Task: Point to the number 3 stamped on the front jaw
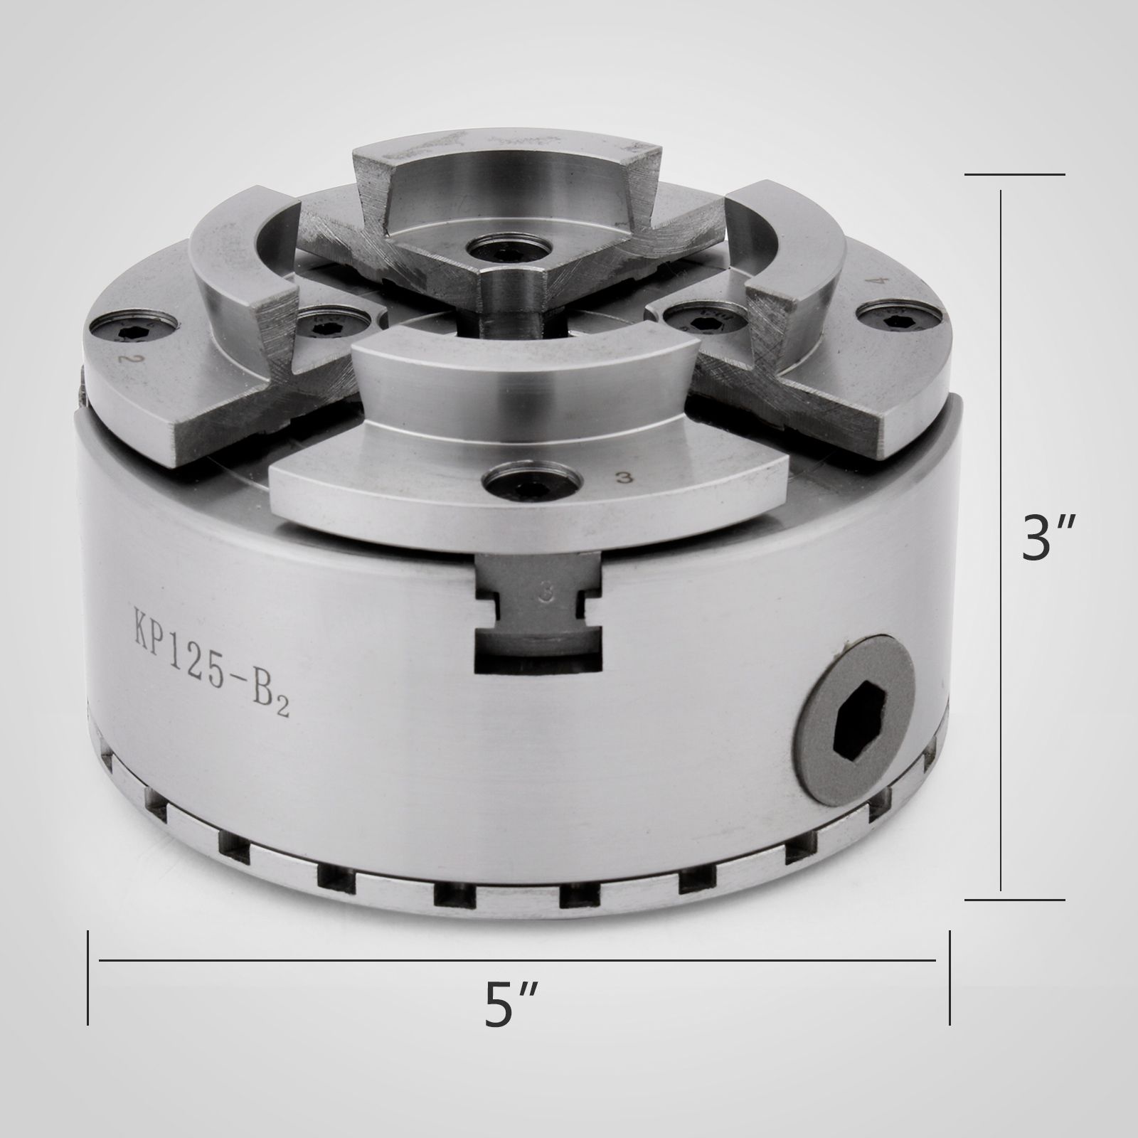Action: click(x=627, y=478)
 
